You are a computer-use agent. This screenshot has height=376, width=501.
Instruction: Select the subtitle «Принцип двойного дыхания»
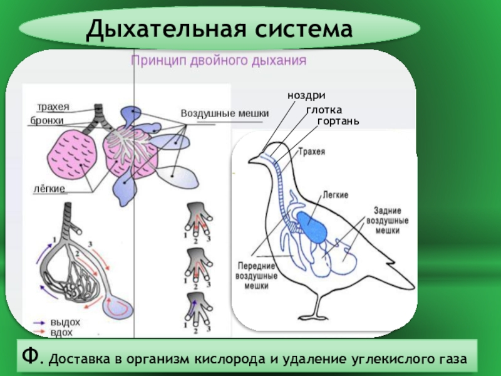(x=217, y=61)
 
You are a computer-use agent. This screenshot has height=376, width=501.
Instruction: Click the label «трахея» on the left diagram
(x=53, y=107)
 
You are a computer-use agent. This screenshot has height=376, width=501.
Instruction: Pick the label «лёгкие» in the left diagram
(x=49, y=187)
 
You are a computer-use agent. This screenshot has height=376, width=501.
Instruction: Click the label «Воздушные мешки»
(x=225, y=113)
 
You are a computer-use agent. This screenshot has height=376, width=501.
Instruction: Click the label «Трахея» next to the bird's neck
(x=311, y=151)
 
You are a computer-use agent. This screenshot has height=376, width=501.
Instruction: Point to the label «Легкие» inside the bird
(x=336, y=195)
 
